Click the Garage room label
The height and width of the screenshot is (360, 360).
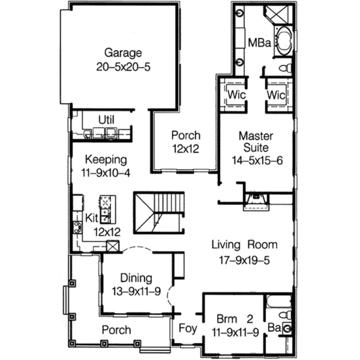123,53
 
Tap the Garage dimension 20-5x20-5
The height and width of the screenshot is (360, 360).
123,67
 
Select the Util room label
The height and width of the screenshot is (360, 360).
106,120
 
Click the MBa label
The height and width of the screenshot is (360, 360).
259,43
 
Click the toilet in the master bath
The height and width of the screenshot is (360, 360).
285,67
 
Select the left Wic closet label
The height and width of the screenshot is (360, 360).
237,95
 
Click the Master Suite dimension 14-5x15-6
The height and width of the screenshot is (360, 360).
257,160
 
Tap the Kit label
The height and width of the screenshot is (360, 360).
92,218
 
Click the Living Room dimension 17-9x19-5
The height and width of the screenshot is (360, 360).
244,260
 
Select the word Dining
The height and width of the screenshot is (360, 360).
136,278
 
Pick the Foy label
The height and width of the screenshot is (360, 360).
188,328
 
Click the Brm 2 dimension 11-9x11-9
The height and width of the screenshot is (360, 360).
235,332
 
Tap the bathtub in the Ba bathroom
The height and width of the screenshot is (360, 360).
279,302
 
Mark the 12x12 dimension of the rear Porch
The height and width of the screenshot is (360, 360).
185,149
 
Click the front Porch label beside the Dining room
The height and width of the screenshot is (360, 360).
116,330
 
